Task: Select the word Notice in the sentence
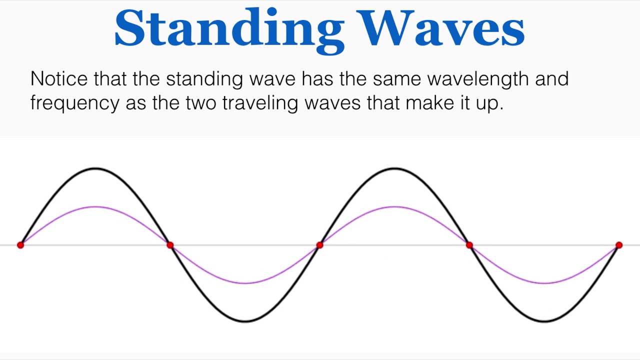tap(58, 79)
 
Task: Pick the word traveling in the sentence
tap(260, 102)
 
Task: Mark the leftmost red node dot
tap(20, 245)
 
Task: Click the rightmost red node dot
tap(619, 245)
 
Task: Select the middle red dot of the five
tap(319, 245)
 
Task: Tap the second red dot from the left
tap(170, 245)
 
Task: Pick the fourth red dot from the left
tap(469, 245)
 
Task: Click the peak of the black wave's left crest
tap(95, 168)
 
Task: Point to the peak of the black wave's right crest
tap(394, 168)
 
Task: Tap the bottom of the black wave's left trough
tap(245, 321)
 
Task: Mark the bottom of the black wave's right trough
tap(544, 321)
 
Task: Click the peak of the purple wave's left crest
tap(95, 206)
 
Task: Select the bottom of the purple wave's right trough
tap(544, 283)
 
